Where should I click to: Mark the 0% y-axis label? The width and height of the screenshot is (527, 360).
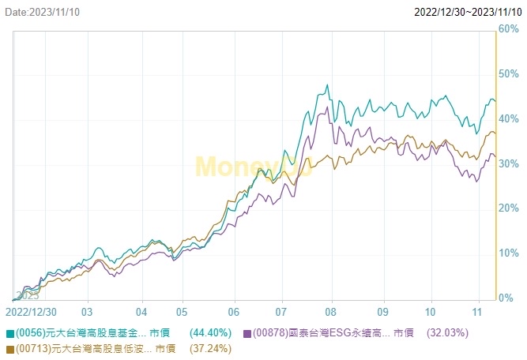(x=506, y=298)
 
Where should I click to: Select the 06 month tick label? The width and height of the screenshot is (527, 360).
(x=234, y=312)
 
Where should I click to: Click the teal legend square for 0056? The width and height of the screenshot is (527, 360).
(x=9, y=334)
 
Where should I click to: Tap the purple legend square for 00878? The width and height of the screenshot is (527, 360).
(x=247, y=334)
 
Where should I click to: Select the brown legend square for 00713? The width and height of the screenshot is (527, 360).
(x=9, y=348)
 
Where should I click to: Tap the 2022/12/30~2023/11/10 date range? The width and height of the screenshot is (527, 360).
(x=468, y=12)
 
